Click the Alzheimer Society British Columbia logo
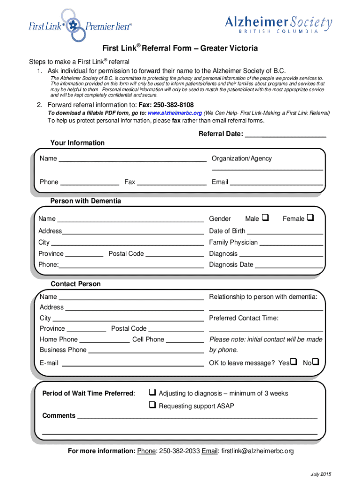(x=279, y=23)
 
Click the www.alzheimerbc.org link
(x=175, y=113)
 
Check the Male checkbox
(x=265, y=218)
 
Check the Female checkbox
(x=310, y=218)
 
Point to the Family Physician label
(x=233, y=242)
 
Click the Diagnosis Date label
(x=231, y=265)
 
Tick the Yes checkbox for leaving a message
(x=294, y=362)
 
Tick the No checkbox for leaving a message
(x=316, y=362)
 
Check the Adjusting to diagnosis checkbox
(x=152, y=392)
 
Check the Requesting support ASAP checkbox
(x=152, y=405)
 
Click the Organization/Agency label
(x=241, y=159)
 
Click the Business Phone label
(x=63, y=350)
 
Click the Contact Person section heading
(x=75, y=284)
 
